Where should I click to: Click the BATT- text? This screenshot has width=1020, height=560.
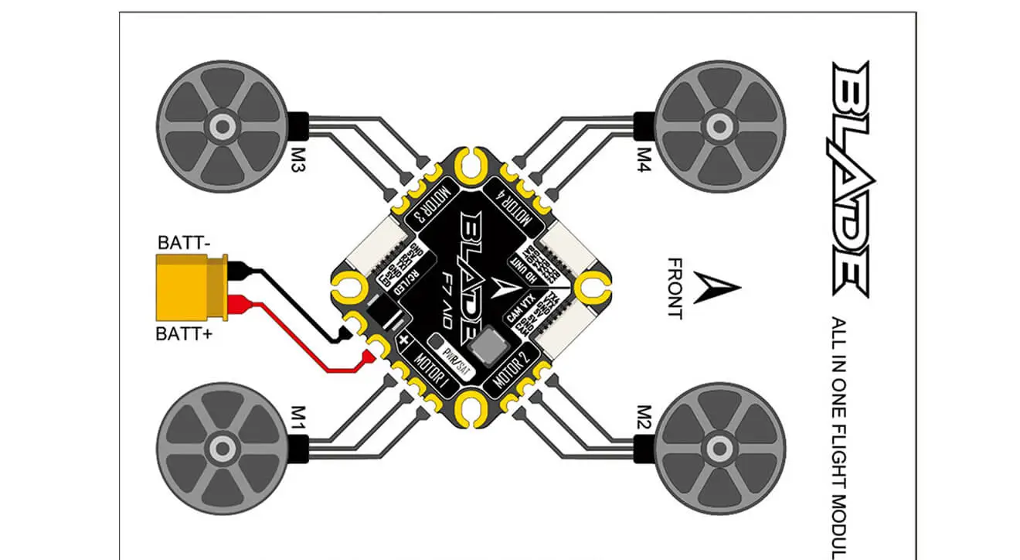(x=183, y=243)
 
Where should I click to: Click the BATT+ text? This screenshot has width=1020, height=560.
(x=184, y=334)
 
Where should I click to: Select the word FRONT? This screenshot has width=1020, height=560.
(x=675, y=289)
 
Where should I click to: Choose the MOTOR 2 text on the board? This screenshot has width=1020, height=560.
(x=510, y=369)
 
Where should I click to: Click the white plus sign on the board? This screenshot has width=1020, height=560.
(x=403, y=339)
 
